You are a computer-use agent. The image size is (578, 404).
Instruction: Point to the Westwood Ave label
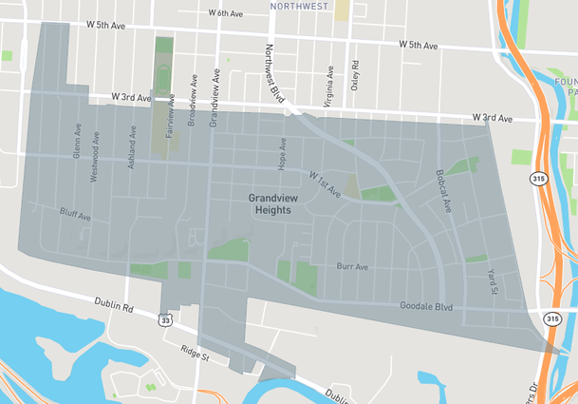(x=96, y=150)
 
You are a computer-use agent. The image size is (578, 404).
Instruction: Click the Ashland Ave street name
(x=132, y=150)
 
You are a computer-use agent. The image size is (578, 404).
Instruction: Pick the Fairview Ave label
(x=171, y=116)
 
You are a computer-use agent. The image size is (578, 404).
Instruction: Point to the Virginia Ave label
(x=329, y=83)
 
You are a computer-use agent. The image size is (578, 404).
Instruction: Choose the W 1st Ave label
(x=325, y=183)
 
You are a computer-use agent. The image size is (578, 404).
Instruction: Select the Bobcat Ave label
(x=442, y=192)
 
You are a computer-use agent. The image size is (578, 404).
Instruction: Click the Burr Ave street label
(x=352, y=267)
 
